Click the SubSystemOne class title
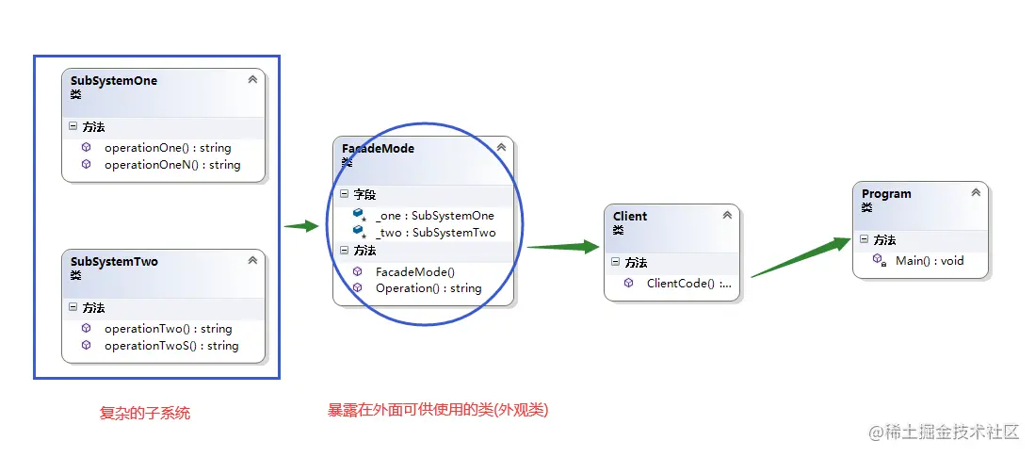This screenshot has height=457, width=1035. click(114, 81)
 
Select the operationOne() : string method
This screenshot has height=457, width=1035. click(167, 148)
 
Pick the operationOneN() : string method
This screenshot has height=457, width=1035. click(171, 165)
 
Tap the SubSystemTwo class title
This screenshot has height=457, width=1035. click(114, 262)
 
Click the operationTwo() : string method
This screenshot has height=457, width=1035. click(168, 329)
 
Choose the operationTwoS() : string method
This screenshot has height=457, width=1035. click(170, 346)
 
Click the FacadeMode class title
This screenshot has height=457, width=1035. click(378, 149)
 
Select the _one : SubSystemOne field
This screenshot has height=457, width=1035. click(434, 216)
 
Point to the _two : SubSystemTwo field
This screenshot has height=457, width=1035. click(435, 233)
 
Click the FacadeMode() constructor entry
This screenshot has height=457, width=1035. click(414, 271)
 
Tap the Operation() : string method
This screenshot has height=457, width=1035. click(428, 288)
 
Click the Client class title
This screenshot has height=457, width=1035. click(630, 217)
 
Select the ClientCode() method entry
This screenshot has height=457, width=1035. click(688, 283)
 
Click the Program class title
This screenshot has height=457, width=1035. click(886, 194)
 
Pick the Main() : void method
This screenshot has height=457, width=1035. click(929, 261)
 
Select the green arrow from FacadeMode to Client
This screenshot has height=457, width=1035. click(563, 247)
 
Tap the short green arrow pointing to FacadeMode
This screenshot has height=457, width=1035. click(301, 226)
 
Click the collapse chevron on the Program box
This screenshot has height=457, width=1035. click(976, 192)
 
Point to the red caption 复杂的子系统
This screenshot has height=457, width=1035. click(145, 413)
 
